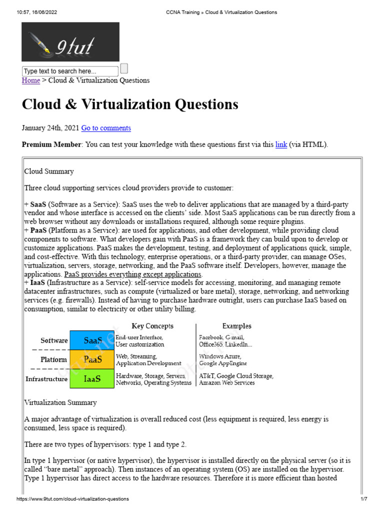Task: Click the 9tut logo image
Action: (x=70, y=42)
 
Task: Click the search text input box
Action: (x=70, y=71)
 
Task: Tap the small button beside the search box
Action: (x=124, y=68)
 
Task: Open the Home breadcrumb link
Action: (x=31, y=80)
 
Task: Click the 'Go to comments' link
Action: (x=106, y=128)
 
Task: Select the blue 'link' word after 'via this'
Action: (x=281, y=144)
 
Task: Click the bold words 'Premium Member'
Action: (x=51, y=144)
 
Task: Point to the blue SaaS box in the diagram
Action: (x=92, y=340)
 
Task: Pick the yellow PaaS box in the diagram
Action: (x=92, y=359)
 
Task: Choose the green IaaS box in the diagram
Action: (x=92, y=378)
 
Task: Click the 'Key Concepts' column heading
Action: (x=152, y=326)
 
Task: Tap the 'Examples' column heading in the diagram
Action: (x=237, y=326)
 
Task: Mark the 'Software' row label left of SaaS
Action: (x=54, y=340)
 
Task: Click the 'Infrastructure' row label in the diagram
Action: (x=46, y=379)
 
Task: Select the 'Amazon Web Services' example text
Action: (x=226, y=383)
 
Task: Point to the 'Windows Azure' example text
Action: (x=220, y=356)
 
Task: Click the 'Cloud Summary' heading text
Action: (x=49, y=171)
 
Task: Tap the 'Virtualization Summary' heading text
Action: (x=60, y=402)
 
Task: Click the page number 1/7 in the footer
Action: (x=364, y=499)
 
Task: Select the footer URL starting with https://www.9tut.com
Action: (x=72, y=499)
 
